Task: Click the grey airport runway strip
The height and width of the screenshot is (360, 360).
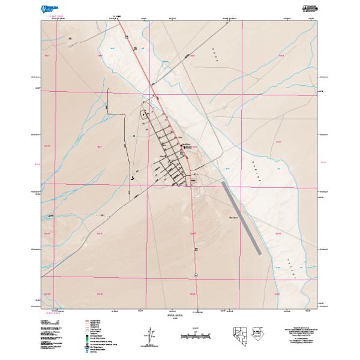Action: (240, 219)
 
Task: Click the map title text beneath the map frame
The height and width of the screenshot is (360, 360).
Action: (180, 315)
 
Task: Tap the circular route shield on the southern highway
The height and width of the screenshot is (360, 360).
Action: (196, 274)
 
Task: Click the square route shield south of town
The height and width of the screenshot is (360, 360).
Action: (196, 248)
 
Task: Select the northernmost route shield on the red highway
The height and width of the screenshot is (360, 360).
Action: (127, 37)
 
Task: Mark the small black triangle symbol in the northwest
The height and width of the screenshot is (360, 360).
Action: (70, 39)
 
